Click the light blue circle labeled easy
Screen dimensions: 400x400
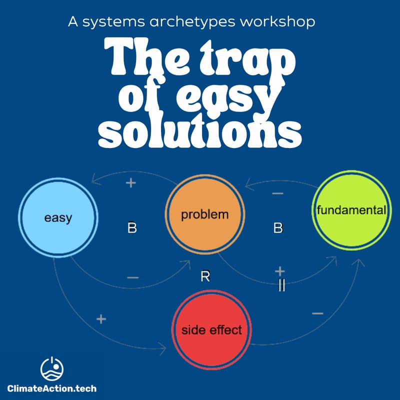point(58,218)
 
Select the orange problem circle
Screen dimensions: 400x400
point(205,215)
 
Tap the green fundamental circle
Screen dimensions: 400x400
point(351,210)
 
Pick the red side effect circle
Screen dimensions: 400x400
point(211,329)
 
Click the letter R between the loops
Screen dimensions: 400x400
point(205,276)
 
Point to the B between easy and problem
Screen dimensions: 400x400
point(132,228)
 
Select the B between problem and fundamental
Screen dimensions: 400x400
point(278,228)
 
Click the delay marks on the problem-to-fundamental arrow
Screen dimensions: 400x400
point(281,286)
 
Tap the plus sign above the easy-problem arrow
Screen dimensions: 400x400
point(130,183)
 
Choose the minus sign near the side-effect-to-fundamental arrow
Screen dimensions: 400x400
point(317,313)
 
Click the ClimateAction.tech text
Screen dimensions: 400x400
point(52,387)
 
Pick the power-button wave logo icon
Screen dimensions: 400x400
point(52,369)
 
